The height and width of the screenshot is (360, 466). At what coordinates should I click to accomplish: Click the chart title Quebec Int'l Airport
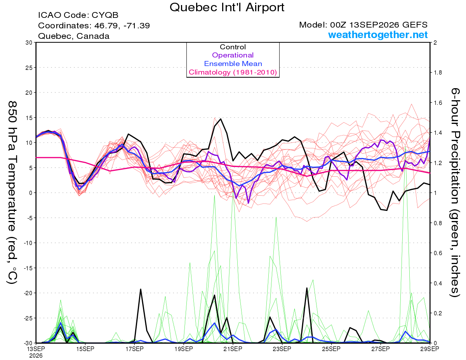click(227, 7)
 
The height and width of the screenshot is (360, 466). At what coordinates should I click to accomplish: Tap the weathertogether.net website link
click(378, 35)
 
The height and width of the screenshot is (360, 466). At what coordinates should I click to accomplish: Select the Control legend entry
click(233, 47)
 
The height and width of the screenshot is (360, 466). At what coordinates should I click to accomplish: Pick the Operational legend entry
click(233, 55)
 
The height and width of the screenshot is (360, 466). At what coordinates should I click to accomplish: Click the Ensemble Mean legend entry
click(233, 64)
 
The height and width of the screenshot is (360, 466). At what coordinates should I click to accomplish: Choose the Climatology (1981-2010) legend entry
click(233, 72)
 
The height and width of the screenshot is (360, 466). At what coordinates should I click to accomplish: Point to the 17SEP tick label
click(134, 349)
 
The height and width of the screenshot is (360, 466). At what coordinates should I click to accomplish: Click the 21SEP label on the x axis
click(233, 349)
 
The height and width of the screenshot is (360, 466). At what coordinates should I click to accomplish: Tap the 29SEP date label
click(429, 349)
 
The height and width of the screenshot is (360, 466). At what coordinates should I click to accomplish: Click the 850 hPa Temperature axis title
click(12, 193)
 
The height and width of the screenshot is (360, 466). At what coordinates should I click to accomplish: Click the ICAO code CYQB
click(105, 15)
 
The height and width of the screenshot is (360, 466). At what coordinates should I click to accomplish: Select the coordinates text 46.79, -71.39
click(122, 26)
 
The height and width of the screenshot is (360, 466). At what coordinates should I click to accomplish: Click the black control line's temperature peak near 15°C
click(221, 119)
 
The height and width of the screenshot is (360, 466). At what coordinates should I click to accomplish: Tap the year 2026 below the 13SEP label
click(36, 356)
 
